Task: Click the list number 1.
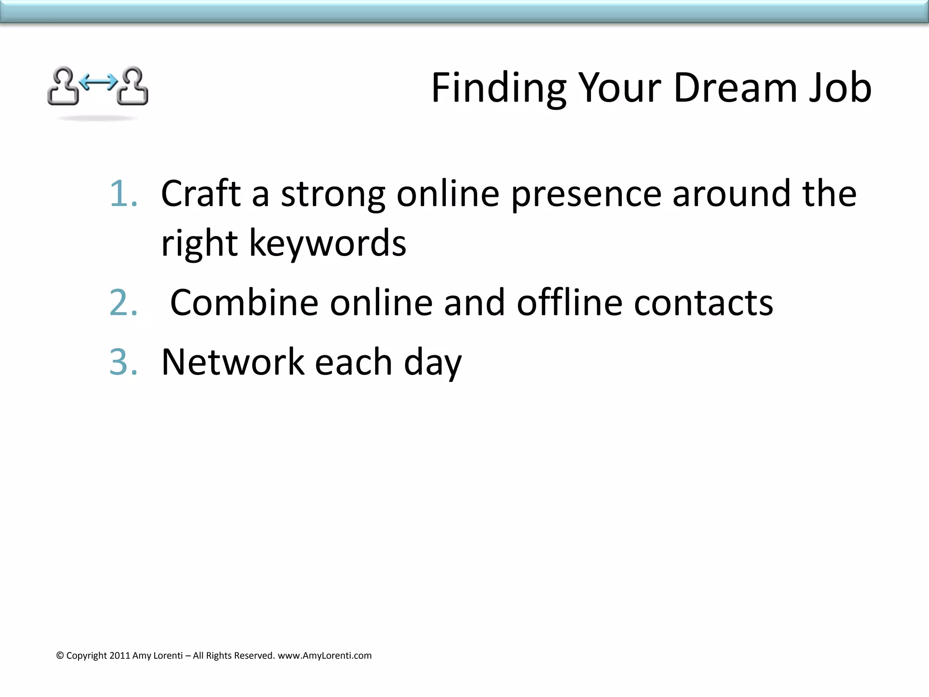click(123, 194)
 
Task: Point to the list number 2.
click(123, 303)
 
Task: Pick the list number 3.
click(123, 362)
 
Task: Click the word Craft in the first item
click(201, 194)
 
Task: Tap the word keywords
click(328, 244)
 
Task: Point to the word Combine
click(244, 303)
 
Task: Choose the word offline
click(570, 303)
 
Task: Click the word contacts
click(703, 303)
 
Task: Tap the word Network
click(233, 362)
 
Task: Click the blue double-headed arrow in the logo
click(98, 82)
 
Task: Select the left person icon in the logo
click(63, 86)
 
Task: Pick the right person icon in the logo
click(133, 86)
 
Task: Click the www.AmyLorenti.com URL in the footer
click(324, 656)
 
